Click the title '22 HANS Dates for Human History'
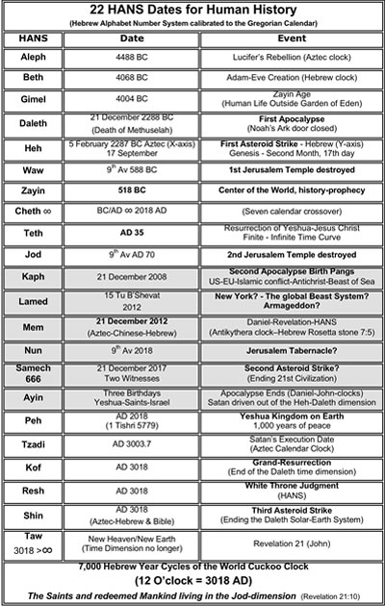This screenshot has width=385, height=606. [x=192, y=12]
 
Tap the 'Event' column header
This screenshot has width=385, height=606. [x=290, y=40]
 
